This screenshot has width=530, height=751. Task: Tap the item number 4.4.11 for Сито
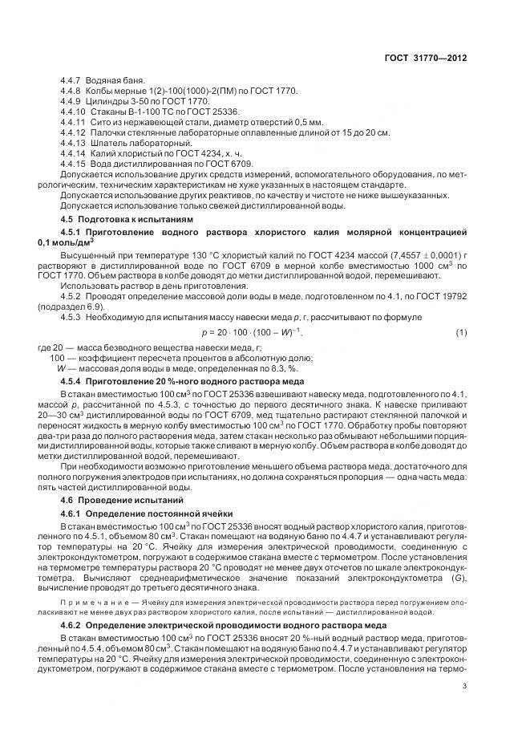coord(73,122)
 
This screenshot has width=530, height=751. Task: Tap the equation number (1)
coord(461,332)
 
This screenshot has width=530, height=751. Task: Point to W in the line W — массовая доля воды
coord(61,367)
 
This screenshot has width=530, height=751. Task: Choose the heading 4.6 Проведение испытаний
coord(117,499)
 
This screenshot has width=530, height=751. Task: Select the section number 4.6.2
coord(74,623)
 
